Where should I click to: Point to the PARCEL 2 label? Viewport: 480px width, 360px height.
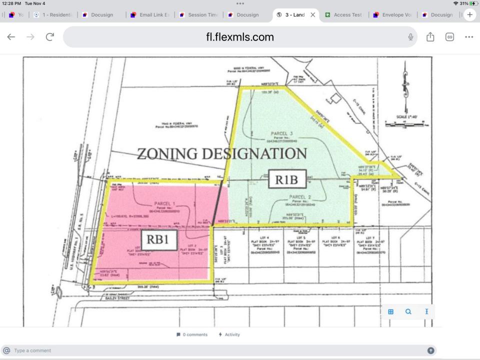click(300, 197)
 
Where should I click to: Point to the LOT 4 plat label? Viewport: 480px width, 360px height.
click(262, 238)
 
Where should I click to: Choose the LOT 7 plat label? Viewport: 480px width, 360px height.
click(370, 238)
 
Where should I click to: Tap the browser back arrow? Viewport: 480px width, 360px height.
click(10, 37)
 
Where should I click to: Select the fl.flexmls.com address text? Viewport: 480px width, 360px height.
click(240, 37)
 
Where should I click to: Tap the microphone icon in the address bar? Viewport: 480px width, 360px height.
click(410, 37)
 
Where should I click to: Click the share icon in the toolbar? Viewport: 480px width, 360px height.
click(430, 37)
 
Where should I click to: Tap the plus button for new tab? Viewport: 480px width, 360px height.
click(469, 15)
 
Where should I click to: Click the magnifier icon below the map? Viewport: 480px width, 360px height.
click(408, 311)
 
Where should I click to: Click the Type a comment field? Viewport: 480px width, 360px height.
click(215, 350)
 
